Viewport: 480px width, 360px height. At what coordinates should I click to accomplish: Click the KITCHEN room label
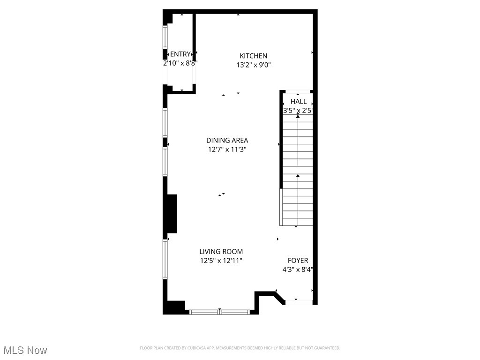click(254, 56)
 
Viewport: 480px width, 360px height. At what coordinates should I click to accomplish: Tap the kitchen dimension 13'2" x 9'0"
click(254, 65)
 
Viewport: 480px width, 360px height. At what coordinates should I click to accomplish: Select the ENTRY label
click(180, 54)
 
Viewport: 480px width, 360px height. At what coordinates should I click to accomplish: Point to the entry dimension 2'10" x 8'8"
click(180, 62)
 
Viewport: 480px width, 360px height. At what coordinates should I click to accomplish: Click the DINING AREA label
click(227, 140)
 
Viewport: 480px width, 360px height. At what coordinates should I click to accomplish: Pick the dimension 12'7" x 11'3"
click(227, 150)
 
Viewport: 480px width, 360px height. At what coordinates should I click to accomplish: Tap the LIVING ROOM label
click(221, 252)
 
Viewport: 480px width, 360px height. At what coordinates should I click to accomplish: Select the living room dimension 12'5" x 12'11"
click(221, 261)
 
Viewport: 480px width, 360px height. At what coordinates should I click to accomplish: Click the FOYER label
click(298, 261)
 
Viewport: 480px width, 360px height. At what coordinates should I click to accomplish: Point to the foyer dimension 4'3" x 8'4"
click(298, 270)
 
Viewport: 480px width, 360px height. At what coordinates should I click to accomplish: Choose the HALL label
click(299, 101)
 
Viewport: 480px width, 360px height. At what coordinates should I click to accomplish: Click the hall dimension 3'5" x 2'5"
click(298, 111)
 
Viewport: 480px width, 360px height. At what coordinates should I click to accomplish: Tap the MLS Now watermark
click(25, 350)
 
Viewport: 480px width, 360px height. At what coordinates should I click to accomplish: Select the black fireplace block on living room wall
click(171, 214)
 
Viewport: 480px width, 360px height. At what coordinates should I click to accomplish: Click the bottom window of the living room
click(220, 311)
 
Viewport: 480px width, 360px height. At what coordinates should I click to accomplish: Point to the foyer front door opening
click(299, 302)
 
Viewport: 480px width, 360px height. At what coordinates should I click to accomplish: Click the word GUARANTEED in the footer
click(326, 348)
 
